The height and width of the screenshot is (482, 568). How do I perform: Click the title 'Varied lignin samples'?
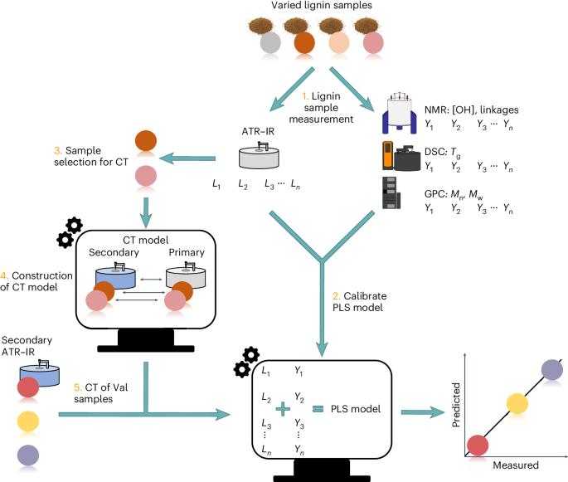[321, 6]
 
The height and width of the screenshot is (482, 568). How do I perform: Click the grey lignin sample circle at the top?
[270, 43]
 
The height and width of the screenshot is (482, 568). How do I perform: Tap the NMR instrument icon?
[400, 112]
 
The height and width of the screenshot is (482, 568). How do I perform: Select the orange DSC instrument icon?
[389, 156]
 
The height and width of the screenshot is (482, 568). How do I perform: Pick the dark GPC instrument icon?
[391, 192]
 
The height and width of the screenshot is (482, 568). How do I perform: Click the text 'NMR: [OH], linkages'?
[471, 110]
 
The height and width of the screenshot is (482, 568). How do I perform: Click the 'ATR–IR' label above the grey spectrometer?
[258, 131]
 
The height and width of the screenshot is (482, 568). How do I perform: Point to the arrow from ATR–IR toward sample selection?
[187, 158]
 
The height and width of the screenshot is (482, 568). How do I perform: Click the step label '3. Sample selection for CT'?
[91, 156]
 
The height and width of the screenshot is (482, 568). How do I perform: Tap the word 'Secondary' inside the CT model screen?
[114, 252]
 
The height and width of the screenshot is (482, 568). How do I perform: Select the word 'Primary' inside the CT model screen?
[187, 252]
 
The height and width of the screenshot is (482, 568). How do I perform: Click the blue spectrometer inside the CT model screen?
[115, 277]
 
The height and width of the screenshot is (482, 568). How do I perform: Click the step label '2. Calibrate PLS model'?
[359, 301]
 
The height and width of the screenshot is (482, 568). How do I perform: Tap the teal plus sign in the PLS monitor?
[283, 409]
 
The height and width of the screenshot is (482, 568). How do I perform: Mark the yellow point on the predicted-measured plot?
[517, 403]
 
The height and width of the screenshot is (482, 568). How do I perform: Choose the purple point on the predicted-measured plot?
[552, 370]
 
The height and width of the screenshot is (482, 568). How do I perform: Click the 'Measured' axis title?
[516, 465]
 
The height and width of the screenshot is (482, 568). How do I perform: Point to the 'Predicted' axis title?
[456, 405]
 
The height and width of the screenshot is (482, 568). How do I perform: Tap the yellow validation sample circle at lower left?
[28, 421]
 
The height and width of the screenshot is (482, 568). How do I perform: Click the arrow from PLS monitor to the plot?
[423, 412]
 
